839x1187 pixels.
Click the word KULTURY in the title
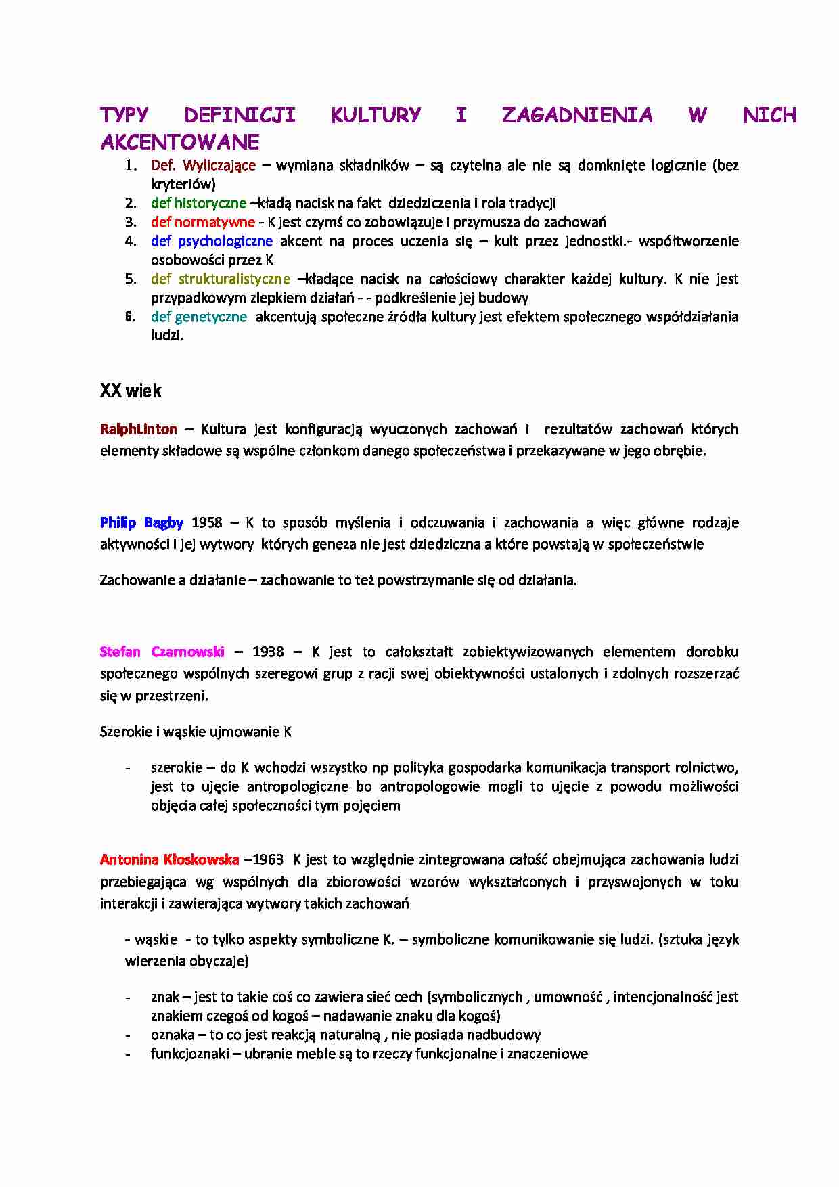coord(376,115)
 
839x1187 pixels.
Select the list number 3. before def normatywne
coord(131,222)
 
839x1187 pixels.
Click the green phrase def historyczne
coord(198,203)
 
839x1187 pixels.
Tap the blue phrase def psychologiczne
coord(211,241)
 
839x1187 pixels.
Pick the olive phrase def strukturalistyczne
coord(220,279)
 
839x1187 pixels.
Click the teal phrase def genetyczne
coord(198,317)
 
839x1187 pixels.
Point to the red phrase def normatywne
coord(202,222)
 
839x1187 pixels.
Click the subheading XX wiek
coord(131,391)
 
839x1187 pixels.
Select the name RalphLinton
coord(138,429)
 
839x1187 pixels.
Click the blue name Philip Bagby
coord(141,522)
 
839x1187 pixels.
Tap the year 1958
coord(207,522)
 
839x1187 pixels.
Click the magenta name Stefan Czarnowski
coord(162,652)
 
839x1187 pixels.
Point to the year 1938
coord(268,652)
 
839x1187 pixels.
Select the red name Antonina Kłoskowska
coord(169,859)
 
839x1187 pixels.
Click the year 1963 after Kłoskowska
coord(267,859)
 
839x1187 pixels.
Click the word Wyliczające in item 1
coord(219,165)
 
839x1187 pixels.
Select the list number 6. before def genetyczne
coord(131,317)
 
